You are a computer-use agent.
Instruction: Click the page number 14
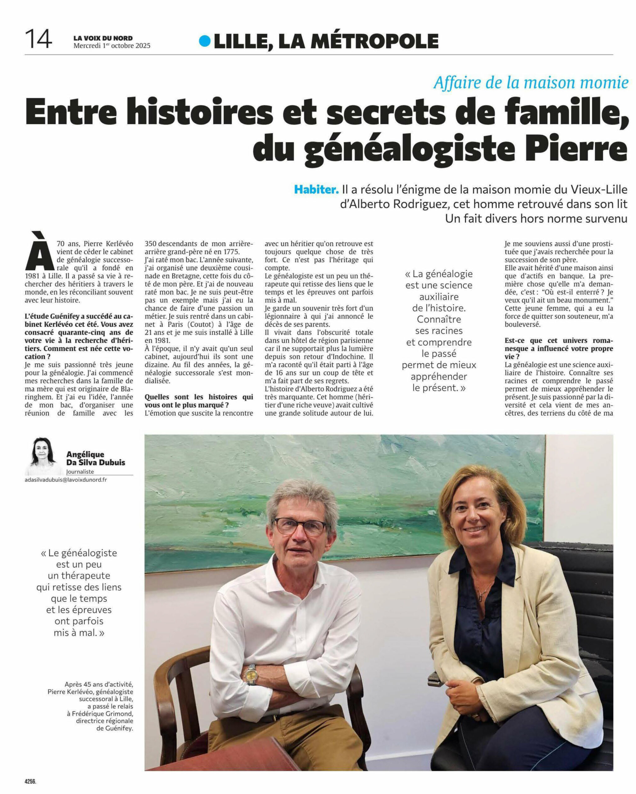point(38,39)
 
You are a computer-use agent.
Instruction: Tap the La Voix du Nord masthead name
point(103,38)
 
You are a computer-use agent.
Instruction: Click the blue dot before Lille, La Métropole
point(204,41)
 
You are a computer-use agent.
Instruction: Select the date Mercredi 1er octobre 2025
point(112,46)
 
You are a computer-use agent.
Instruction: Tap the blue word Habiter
point(316,190)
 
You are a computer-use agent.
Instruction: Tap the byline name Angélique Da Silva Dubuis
point(95,458)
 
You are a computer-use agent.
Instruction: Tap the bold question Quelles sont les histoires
point(199,401)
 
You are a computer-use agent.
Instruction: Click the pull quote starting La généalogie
point(439,330)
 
